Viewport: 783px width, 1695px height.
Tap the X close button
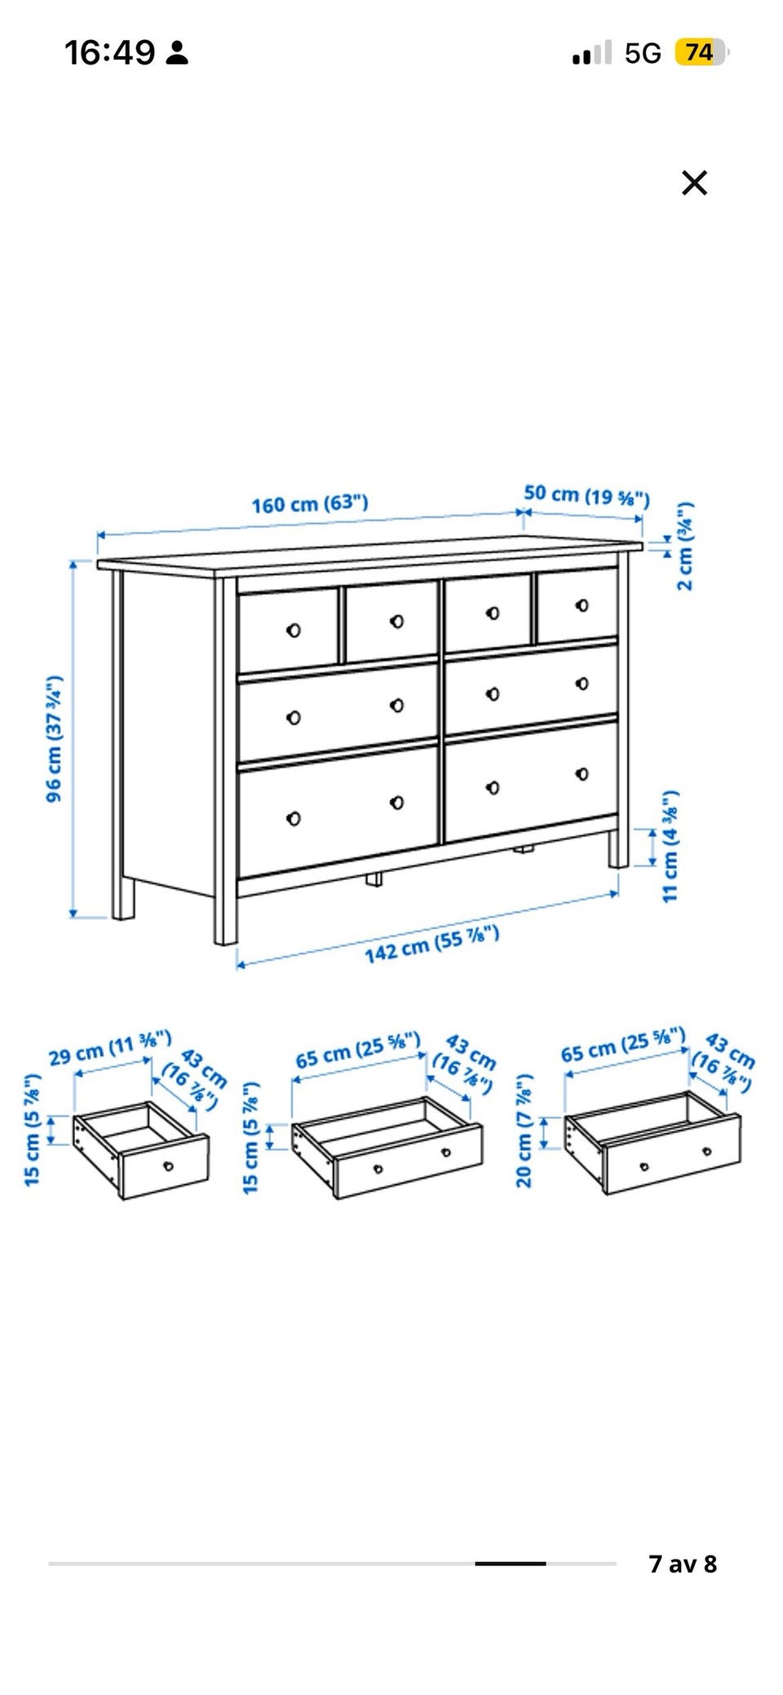(x=694, y=183)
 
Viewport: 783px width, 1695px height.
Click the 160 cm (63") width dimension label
(x=310, y=503)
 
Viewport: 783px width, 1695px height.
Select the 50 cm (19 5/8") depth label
(x=587, y=495)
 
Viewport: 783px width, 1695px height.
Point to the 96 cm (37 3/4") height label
(x=55, y=738)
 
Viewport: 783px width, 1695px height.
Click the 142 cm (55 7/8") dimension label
(x=431, y=945)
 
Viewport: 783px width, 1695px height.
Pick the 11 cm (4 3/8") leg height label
(x=670, y=846)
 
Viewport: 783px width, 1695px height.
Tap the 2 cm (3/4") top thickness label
(x=686, y=545)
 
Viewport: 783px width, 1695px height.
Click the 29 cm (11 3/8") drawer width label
(x=110, y=1048)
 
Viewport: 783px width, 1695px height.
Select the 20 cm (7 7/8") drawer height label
(x=524, y=1130)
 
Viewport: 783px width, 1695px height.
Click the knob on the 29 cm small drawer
(x=169, y=1165)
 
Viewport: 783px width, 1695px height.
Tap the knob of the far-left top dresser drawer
(x=294, y=630)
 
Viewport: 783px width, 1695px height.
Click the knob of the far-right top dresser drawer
(x=582, y=605)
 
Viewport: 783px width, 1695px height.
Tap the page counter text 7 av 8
(x=683, y=1564)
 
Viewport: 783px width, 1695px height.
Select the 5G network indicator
(x=643, y=54)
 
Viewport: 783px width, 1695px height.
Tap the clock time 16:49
(x=109, y=53)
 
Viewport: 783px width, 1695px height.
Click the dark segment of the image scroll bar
(x=511, y=1564)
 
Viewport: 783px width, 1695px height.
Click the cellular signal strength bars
(x=592, y=53)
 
